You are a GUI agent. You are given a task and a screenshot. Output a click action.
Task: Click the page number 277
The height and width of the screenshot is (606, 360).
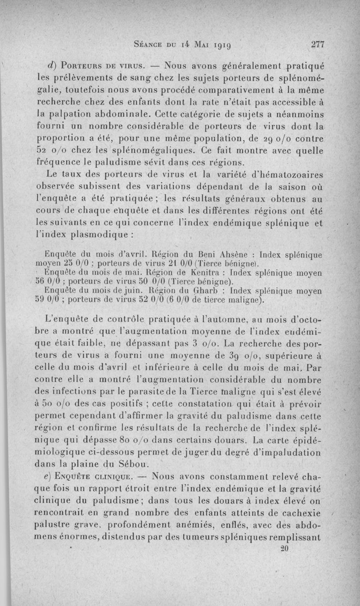click(x=317, y=45)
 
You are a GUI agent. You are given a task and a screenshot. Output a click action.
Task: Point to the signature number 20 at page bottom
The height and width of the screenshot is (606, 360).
click(x=283, y=549)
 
